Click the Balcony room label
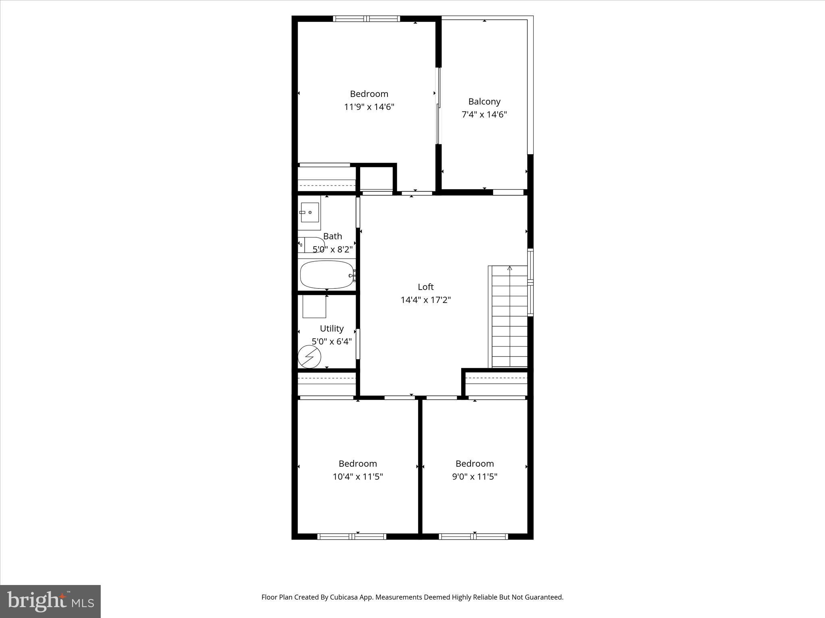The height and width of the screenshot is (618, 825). [x=484, y=101]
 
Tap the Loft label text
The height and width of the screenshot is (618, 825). [x=425, y=287]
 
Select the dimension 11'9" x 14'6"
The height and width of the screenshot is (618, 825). [x=369, y=107]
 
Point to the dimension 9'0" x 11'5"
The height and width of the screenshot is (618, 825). [x=475, y=477]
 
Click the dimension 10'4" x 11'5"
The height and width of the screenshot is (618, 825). [x=357, y=477]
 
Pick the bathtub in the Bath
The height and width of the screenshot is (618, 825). [x=327, y=275]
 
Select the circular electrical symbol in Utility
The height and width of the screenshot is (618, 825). [x=309, y=356]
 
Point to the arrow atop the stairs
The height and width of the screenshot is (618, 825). [x=510, y=268]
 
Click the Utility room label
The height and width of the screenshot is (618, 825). [x=332, y=328]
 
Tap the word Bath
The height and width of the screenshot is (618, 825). [x=332, y=236]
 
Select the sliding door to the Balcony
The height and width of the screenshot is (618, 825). [x=439, y=105]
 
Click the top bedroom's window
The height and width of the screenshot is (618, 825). [x=367, y=19]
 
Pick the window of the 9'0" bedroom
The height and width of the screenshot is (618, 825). [x=473, y=536]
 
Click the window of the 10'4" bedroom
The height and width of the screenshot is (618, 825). [x=352, y=536]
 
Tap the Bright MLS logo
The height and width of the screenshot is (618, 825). [x=50, y=601]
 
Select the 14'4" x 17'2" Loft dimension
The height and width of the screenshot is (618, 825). [x=425, y=300]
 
